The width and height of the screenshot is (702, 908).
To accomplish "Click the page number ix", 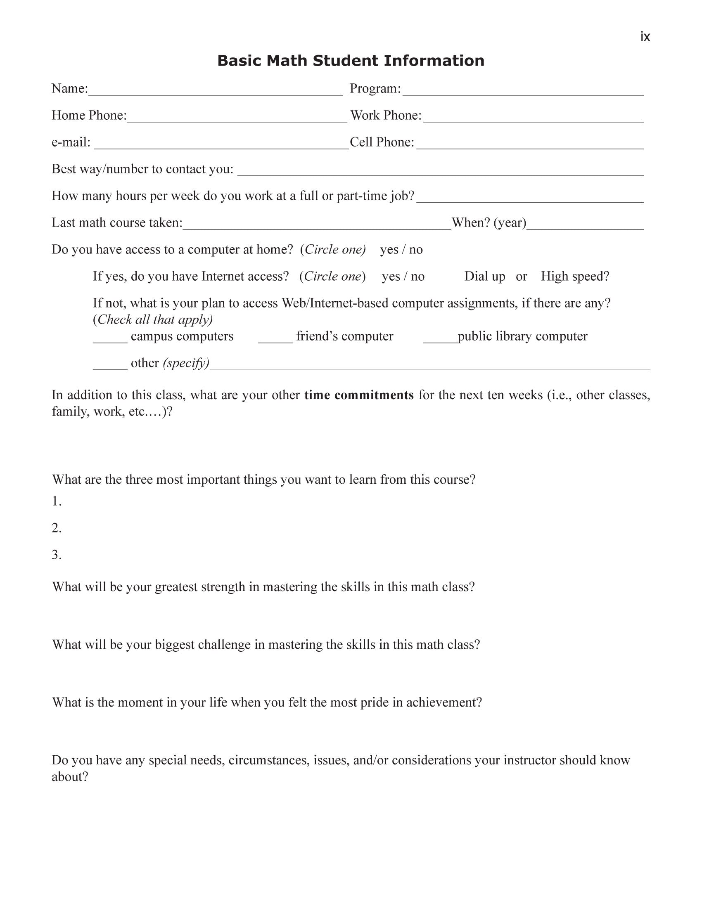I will click(x=645, y=37).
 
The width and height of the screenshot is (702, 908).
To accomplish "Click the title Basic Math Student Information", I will click(x=351, y=61).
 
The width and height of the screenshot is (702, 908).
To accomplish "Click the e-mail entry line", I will click(x=221, y=145).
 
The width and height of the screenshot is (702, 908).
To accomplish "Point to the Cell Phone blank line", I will click(x=530, y=145).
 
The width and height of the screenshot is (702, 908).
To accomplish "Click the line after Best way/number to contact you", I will click(x=441, y=172).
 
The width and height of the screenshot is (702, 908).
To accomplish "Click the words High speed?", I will click(x=575, y=277).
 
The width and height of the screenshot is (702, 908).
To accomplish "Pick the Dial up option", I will click(x=484, y=277).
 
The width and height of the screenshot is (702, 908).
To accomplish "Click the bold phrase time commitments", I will click(x=359, y=395).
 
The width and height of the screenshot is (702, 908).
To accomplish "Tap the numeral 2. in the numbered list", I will click(x=57, y=528).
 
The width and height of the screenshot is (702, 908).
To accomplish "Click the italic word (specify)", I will click(x=186, y=363).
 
